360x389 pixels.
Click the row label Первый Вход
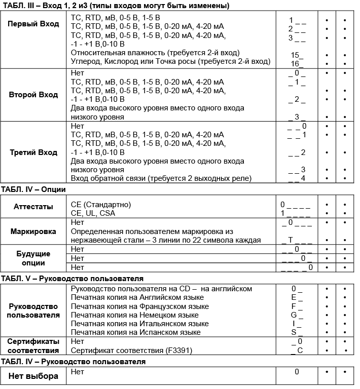click(33, 24)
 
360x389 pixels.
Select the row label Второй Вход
click(33, 95)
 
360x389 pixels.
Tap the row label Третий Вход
click(33, 152)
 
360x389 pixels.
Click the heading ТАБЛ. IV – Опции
click(33, 189)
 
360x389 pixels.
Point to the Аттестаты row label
click(33, 208)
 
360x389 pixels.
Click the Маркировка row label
click(33, 231)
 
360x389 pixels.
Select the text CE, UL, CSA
click(93, 213)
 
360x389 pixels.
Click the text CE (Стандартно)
click(101, 205)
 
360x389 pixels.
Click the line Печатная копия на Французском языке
click(140, 306)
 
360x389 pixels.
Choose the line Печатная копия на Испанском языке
click(136, 332)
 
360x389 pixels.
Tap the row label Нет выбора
click(33, 376)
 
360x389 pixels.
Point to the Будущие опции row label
click(33, 258)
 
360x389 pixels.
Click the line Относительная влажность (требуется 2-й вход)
click(155, 53)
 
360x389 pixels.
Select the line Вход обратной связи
click(161, 178)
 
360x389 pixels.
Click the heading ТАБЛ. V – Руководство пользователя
click(72, 279)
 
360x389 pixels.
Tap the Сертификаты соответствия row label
click(33, 345)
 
